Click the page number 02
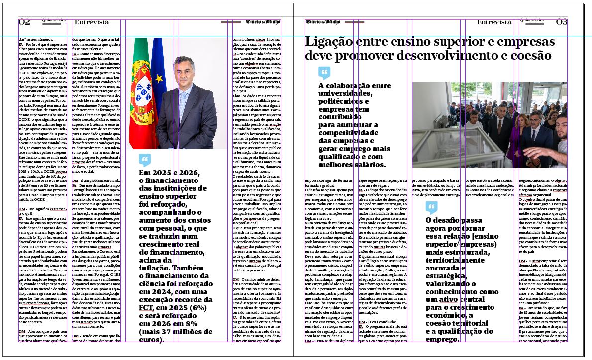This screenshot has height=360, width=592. pos(24,22)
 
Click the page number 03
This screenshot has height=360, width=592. pos(562,22)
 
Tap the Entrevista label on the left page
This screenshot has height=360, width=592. pos(92,22)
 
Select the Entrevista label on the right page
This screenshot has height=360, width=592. pos(494,22)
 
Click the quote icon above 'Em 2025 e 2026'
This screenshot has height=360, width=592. pos(145,160)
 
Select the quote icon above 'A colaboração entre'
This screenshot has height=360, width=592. pos(324,73)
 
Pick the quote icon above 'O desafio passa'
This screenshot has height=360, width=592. pos(431,208)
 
